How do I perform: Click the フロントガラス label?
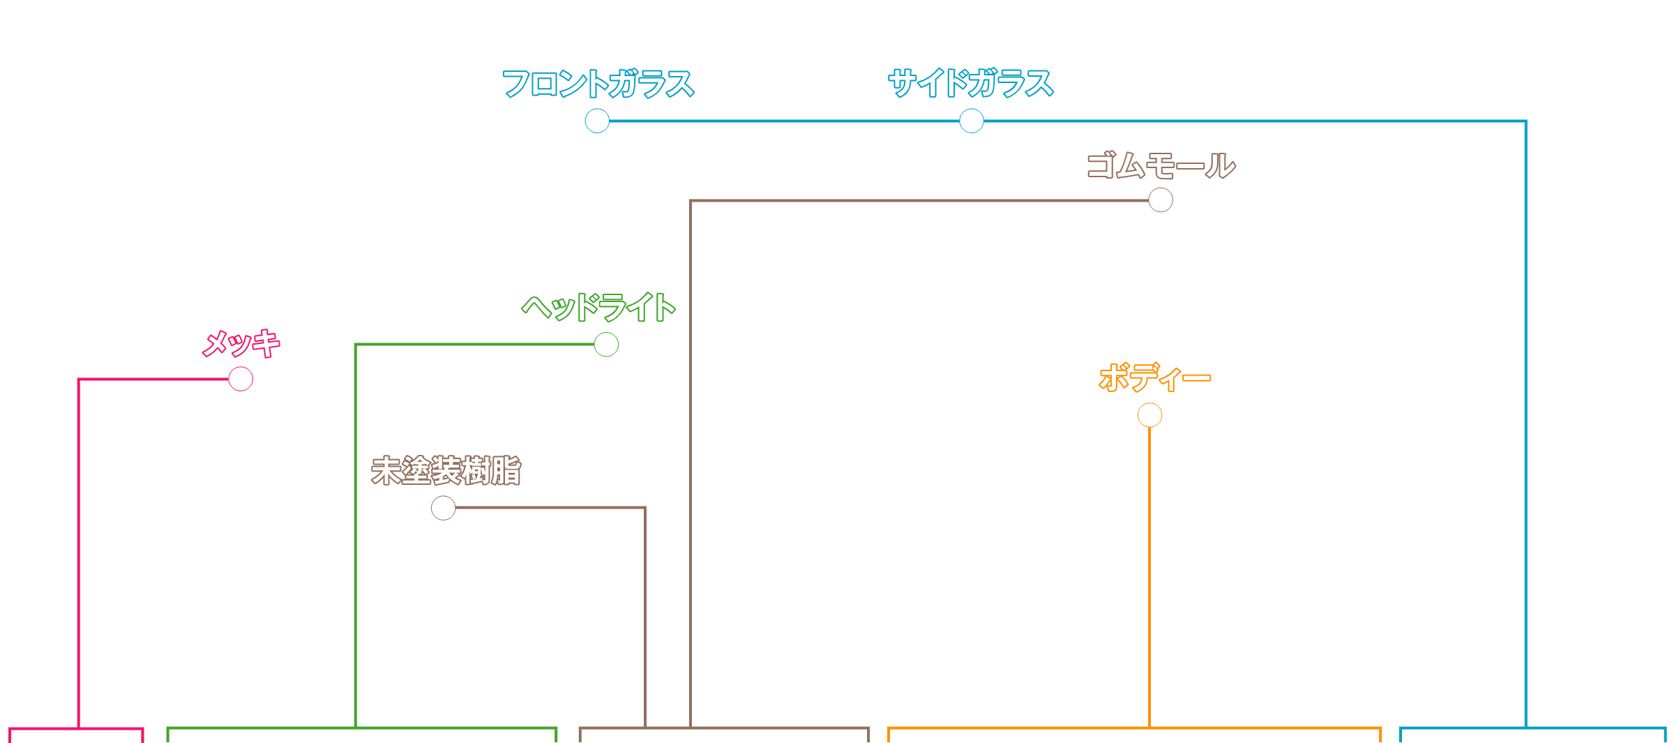pos(598,84)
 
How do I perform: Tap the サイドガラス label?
pos(970,84)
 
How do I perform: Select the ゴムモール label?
pos(1161,166)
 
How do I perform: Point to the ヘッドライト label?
pos(598,307)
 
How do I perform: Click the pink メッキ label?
pos(241,343)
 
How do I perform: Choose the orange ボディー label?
pos(1154,378)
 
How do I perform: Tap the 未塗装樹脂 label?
pos(446,471)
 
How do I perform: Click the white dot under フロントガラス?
pos(597,121)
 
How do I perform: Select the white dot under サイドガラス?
pos(971,121)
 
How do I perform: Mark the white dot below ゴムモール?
pos(1161,200)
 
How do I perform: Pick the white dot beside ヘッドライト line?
pos(606,344)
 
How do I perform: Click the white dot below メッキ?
pos(241,379)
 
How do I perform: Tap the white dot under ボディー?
pos(1149,415)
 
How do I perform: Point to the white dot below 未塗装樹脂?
pos(443,508)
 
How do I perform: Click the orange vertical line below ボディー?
pos(1149,572)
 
